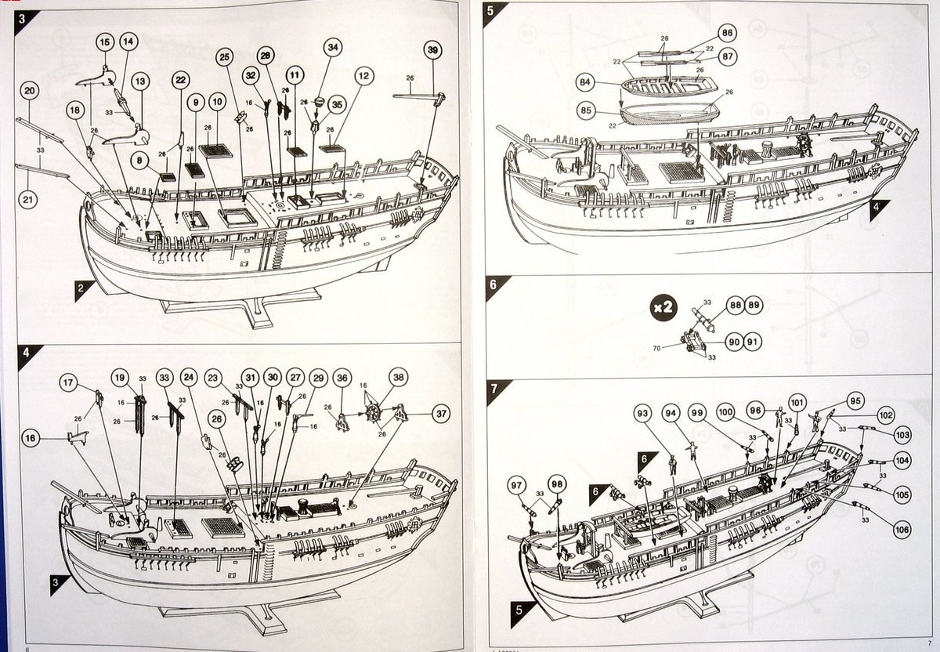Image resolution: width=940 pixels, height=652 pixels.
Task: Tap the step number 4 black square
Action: click(x=26, y=352)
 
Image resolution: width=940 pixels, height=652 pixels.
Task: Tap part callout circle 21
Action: click(x=28, y=200)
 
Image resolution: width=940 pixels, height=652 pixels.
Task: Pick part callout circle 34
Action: click(x=333, y=48)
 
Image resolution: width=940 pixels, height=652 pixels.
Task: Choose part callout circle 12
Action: click(x=362, y=76)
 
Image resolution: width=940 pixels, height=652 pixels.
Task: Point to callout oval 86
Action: click(x=727, y=33)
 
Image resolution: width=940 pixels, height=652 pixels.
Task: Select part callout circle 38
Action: click(x=399, y=377)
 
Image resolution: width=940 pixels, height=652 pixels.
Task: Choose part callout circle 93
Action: click(x=643, y=412)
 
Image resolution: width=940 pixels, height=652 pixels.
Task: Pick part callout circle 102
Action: click(x=885, y=415)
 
